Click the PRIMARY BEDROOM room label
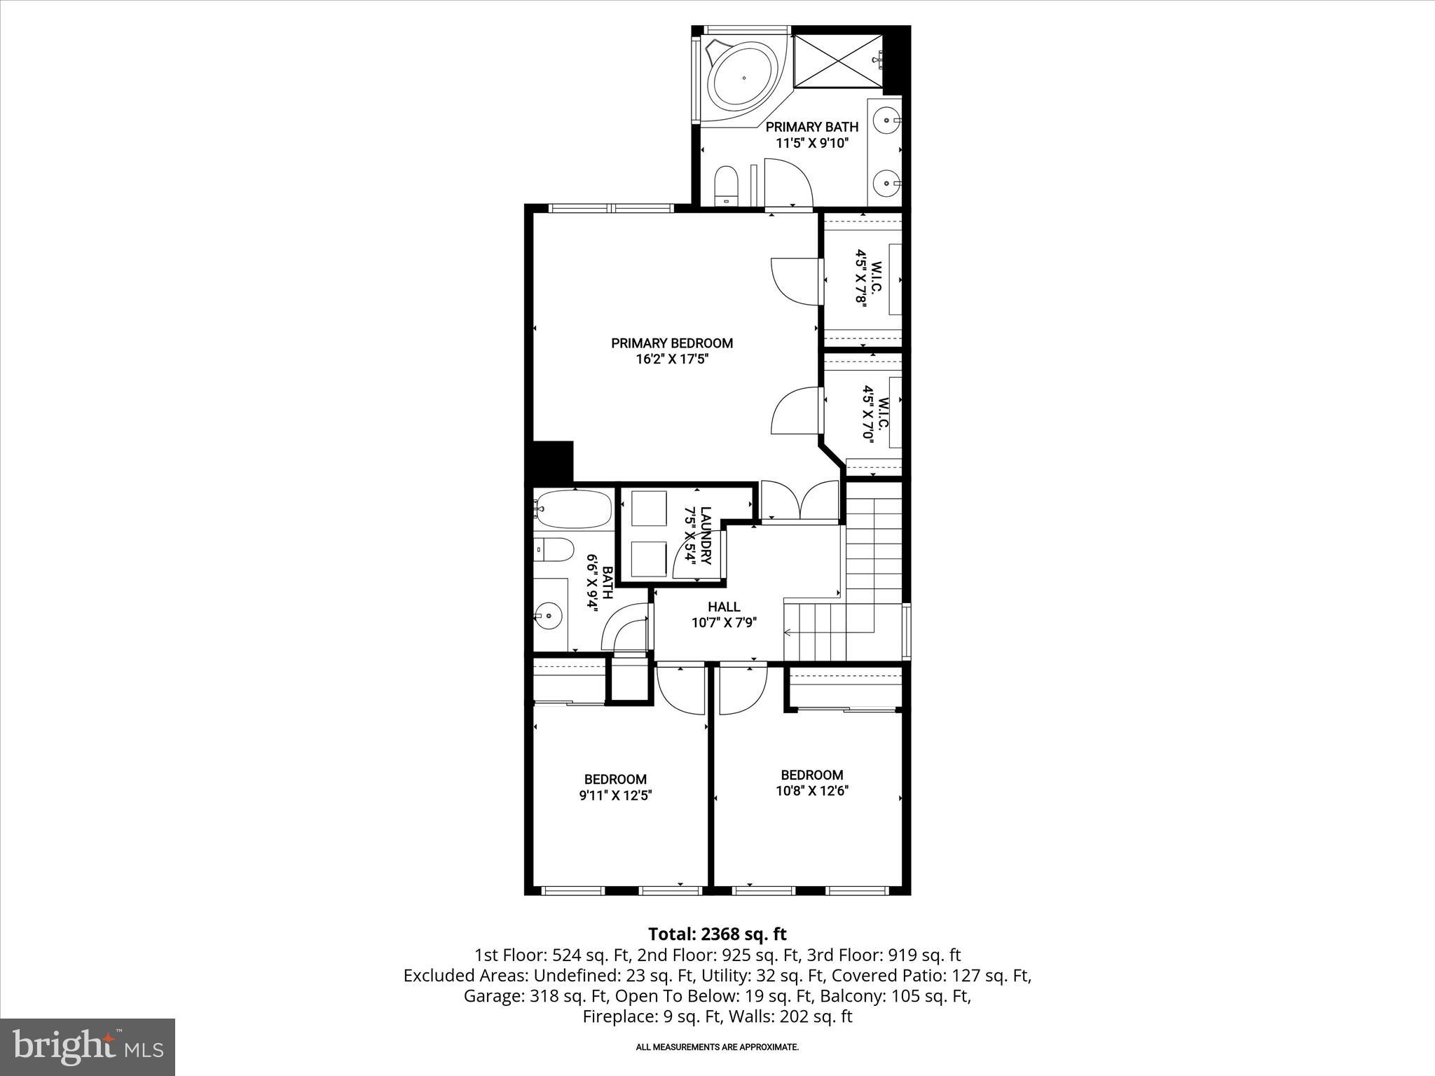coord(671,343)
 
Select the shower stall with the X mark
coord(836,62)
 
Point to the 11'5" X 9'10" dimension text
coord(811,144)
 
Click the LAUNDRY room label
coord(699,536)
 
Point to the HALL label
coord(723,607)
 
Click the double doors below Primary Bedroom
coord(800,500)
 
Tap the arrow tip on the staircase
coord(787,633)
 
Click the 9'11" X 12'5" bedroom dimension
coord(615,796)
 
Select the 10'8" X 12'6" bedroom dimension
coord(812,791)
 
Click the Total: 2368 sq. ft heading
coord(717,934)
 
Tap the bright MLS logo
coord(88,1047)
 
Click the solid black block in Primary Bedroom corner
coord(554,460)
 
